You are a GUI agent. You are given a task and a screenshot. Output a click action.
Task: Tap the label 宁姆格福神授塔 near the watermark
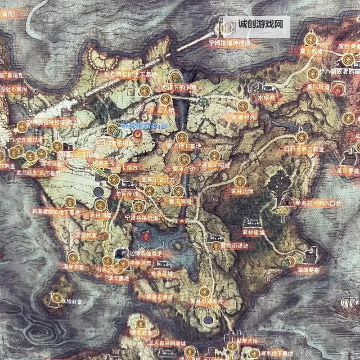(x=229, y=43)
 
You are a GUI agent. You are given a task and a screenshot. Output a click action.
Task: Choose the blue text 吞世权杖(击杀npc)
(x=144, y=127)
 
